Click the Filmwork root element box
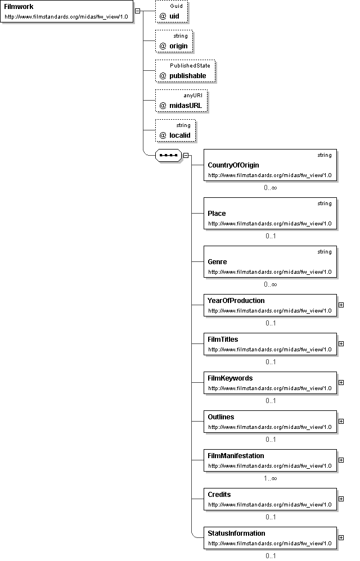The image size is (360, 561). (66, 11)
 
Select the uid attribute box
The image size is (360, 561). (172, 12)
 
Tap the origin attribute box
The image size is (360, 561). (174, 42)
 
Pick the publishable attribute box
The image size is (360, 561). (186, 71)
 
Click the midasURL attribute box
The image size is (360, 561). (182, 101)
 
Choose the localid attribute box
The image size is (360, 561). (175, 131)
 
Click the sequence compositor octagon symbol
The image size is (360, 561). (169, 155)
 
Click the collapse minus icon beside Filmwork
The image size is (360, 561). (137, 11)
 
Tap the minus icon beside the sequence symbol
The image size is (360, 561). (186, 155)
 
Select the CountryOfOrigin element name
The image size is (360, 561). (233, 165)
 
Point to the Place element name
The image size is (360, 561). (217, 214)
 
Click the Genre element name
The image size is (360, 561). (217, 262)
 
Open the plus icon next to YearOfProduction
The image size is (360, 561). (341, 305)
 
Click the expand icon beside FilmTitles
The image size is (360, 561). (341, 343)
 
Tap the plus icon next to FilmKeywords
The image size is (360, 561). (341, 382)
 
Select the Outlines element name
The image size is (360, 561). (221, 417)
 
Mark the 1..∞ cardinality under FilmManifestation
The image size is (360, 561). (271, 478)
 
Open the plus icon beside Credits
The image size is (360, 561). (341, 499)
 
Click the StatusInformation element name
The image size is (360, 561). (237, 533)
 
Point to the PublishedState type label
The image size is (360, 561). (190, 65)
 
